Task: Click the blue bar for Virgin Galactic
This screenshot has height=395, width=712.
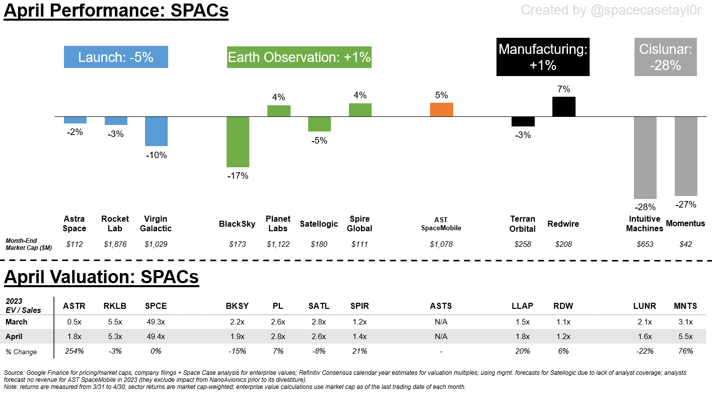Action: pos(156,131)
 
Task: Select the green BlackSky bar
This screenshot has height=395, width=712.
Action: pos(238,142)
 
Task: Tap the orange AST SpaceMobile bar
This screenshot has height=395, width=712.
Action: pos(441,109)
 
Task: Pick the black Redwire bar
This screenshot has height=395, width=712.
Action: pos(563,106)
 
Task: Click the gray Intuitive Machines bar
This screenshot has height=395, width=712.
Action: pos(645,157)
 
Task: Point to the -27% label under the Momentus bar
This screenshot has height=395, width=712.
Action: pos(686,205)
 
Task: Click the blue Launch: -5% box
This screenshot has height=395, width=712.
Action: pos(116,57)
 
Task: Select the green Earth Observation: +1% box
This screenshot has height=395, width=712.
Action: pos(299,57)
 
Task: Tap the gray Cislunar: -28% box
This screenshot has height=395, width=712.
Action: pos(665,57)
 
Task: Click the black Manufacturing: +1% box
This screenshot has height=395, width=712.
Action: pos(543,57)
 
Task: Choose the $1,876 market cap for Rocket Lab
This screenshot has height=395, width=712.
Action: pos(115,244)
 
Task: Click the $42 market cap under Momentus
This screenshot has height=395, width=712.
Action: pos(685,244)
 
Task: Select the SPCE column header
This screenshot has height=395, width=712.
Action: pos(156,306)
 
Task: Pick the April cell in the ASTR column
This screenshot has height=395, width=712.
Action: pos(74,337)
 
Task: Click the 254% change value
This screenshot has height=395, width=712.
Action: pos(74,351)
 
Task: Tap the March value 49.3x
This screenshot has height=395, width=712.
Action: pos(156,322)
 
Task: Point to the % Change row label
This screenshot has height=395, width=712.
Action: pos(21,351)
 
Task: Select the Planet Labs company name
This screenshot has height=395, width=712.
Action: pos(278,224)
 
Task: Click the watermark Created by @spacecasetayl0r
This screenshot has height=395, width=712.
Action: pos(611,10)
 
